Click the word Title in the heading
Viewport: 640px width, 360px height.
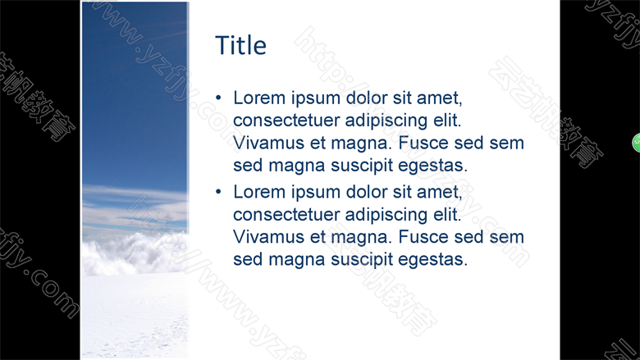pos(240,45)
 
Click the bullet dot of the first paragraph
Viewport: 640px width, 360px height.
pos(218,98)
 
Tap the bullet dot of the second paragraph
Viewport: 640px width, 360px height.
pos(218,191)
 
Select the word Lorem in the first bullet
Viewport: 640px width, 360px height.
pos(259,98)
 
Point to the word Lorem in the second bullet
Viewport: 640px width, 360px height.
pos(259,192)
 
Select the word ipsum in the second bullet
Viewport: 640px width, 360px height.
pos(316,193)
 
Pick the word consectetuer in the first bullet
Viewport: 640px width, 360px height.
pos(286,121)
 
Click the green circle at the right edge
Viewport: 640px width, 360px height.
pos(637,143)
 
